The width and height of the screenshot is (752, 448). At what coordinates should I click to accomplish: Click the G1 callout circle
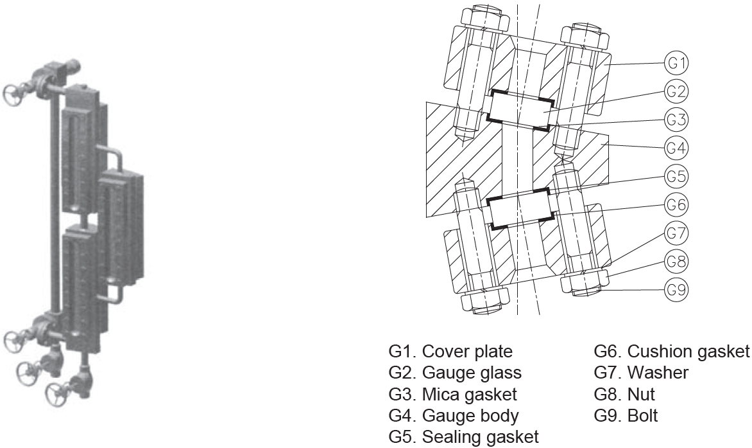click(x=676, y=64)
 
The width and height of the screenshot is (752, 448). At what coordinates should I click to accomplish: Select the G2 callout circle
click(x=676, y=92)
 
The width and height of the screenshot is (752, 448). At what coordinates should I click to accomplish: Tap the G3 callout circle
click(x=676, y=120)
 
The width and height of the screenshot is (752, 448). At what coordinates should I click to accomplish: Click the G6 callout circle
click(x=676, y=205)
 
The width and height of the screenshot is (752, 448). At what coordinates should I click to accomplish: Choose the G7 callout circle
click(x=676, y=233)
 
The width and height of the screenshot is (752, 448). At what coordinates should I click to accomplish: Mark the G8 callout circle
click(x=676, y=262)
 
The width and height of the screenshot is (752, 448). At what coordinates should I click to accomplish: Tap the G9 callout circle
click(x=676, y=290)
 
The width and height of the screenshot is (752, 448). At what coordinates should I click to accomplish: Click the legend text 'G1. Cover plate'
click(x=450, y=352)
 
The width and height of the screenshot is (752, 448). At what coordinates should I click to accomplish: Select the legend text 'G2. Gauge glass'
click(x=455, y=373)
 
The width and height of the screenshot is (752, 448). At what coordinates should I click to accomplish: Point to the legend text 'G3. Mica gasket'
click(x=452, y=394)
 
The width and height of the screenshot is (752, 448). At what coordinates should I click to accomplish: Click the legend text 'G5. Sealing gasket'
click(x=463, y=437)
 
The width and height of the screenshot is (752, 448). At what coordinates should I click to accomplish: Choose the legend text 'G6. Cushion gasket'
click(x=671, y=352)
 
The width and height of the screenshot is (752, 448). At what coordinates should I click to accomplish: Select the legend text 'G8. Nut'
click(x=624, y=394)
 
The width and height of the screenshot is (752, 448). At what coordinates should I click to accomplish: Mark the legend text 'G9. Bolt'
click(x=626, y=415)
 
